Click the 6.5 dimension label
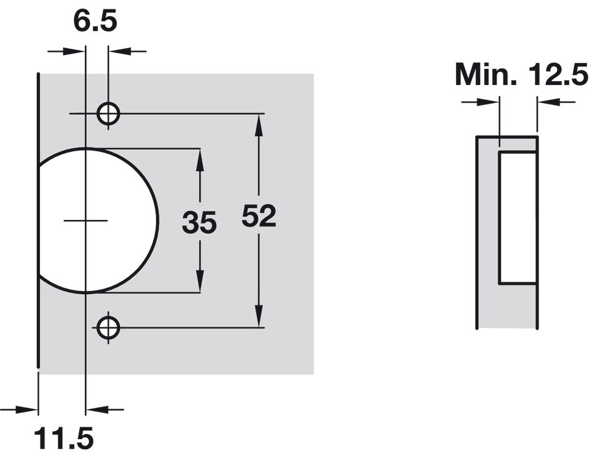(x=95, y=21)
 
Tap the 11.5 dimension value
(x=64, y=438)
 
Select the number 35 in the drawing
(x=199, y=222)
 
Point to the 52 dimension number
(x=259, y=216)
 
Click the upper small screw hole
(x=108, y=113)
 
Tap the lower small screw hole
(x=108, y=328)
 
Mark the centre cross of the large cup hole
(x=86, y=220)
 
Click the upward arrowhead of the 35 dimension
(x=200, y=161)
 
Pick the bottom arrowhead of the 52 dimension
(x=259, y=315)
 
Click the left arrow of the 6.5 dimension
(x=66, y=51)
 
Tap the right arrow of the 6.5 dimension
(x=127, y=51)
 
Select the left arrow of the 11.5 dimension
(x=19, y=409)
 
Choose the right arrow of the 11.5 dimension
(x=105, y=409)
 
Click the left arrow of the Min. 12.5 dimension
(x=480, y=101)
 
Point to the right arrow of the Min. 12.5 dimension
(x=557, y=101)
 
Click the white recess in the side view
(x=517, y=217)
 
